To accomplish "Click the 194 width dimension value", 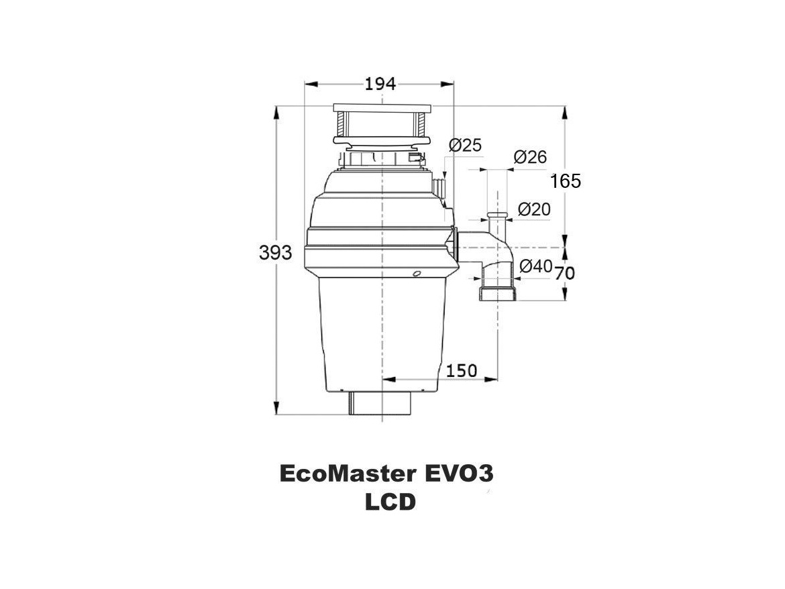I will [x=380, y=84].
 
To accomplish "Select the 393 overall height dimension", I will [x=276, y=253].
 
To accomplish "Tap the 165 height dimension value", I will [x=566, y=180].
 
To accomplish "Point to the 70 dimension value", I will [x=565, y=273].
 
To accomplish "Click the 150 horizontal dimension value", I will [x=462, y=370].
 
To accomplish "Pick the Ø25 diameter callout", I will [x=465, y=145].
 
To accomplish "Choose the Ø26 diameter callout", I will [x=530, y=157].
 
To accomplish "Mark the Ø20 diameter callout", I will [x=534, y=209].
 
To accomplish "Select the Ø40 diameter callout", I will [x=536, y=266].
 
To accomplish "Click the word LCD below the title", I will [x=390, y=502].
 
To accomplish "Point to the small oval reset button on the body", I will [x=417, y=273].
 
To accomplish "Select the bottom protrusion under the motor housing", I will [x=380, y=403].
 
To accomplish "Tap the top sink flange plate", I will [x=381, y=107].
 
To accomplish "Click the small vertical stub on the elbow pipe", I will [x=497, y=221].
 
